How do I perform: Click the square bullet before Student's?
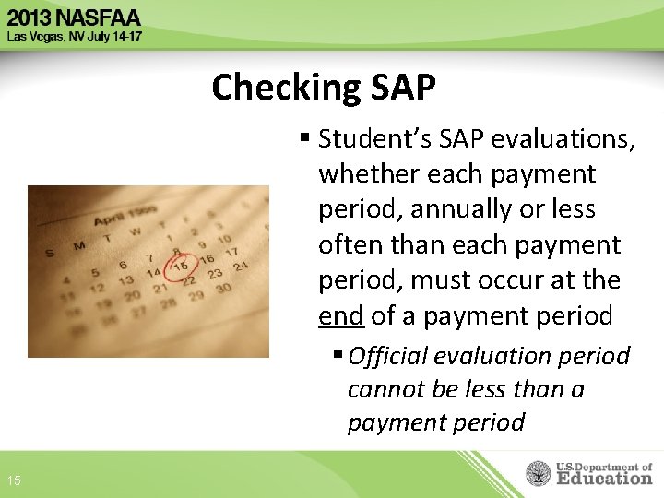pos(305,140)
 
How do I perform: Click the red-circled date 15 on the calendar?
pos(182,265)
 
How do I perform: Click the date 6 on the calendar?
pos(122,266)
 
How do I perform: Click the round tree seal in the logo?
pos(539,473)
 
